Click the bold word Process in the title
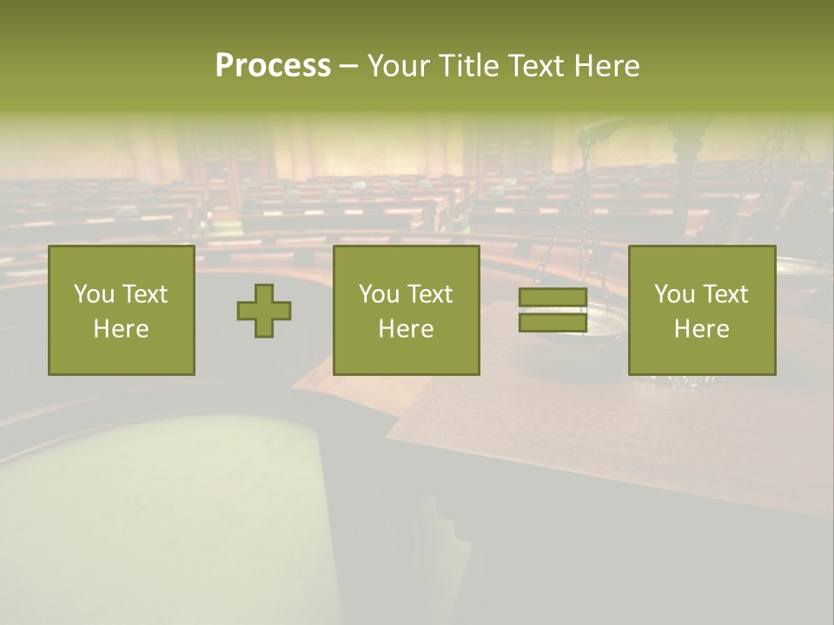click(x=273, y=66)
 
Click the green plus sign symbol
click(x=264, y=311)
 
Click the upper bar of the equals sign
click(x=553, y=298)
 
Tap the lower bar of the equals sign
click(x=553, y=323)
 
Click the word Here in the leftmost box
click(x=121, y=329)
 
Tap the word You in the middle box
click(x=379, y=294)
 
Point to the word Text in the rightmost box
click(x=726, y=294)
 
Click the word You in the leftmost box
click(x=94, y=294)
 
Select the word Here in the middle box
click(x=406, y=329)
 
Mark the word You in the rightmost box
click(x=674, y=294)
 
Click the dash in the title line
click(x=348, y=66)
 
